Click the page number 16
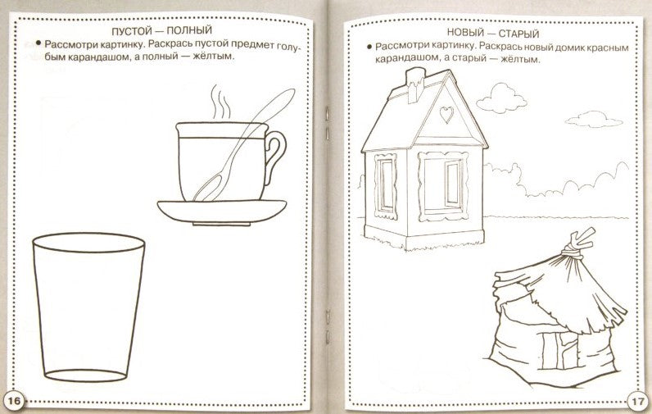14,401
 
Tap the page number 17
637,403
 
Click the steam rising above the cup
220,102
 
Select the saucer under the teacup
222,212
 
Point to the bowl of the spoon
207,189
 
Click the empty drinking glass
88,307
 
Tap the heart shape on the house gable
446,115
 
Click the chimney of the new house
414,85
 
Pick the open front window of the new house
443,186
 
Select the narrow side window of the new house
386,185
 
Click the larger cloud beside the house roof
501,98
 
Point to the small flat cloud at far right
594,120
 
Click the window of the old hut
559,350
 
